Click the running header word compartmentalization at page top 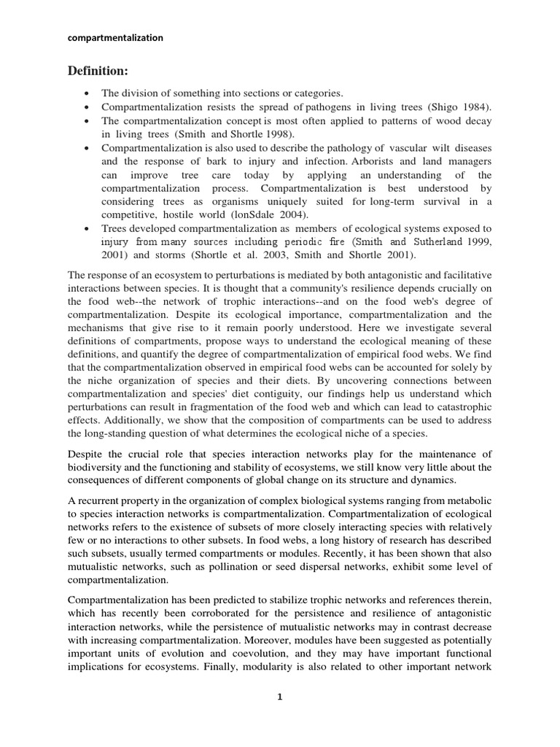click(x=115, y=37)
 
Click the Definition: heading click(x=98, y=71)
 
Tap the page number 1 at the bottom click(x=279, y=697)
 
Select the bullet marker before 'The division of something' click(x=87, y=94)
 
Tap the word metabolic click(x=467, y=498)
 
